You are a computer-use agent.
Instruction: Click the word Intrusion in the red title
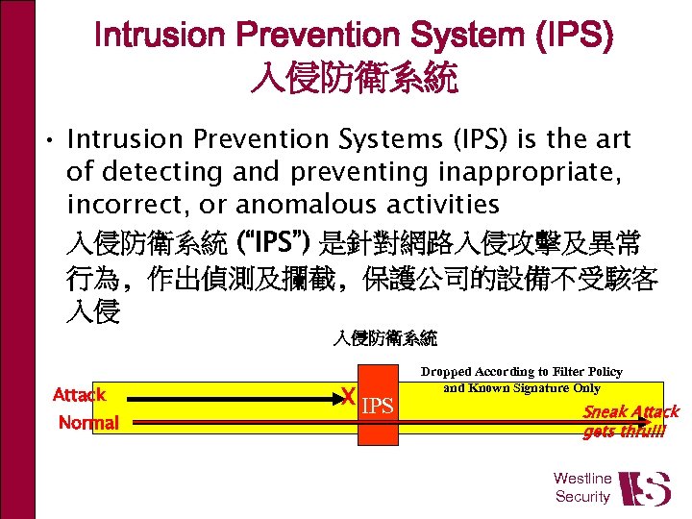tap(160, 37)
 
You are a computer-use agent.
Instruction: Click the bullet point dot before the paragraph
tap(47, 141)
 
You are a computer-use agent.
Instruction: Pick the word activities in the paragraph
tap(441, 205)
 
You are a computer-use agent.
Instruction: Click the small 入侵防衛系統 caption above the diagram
tap(385, 337)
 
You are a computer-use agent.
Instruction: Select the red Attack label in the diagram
tap(79, 394)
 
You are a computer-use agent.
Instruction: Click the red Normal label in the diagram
tap(88, 423)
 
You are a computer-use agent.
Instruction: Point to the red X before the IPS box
tap(351, 396)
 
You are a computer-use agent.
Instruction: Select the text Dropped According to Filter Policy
tap(522, 372)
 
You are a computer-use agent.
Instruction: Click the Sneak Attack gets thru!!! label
tap(630, 421)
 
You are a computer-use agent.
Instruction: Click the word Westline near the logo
tap(582, 478)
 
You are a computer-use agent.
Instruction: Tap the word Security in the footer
tap(582, 497)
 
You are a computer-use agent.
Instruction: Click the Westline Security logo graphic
tap(644, 488)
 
